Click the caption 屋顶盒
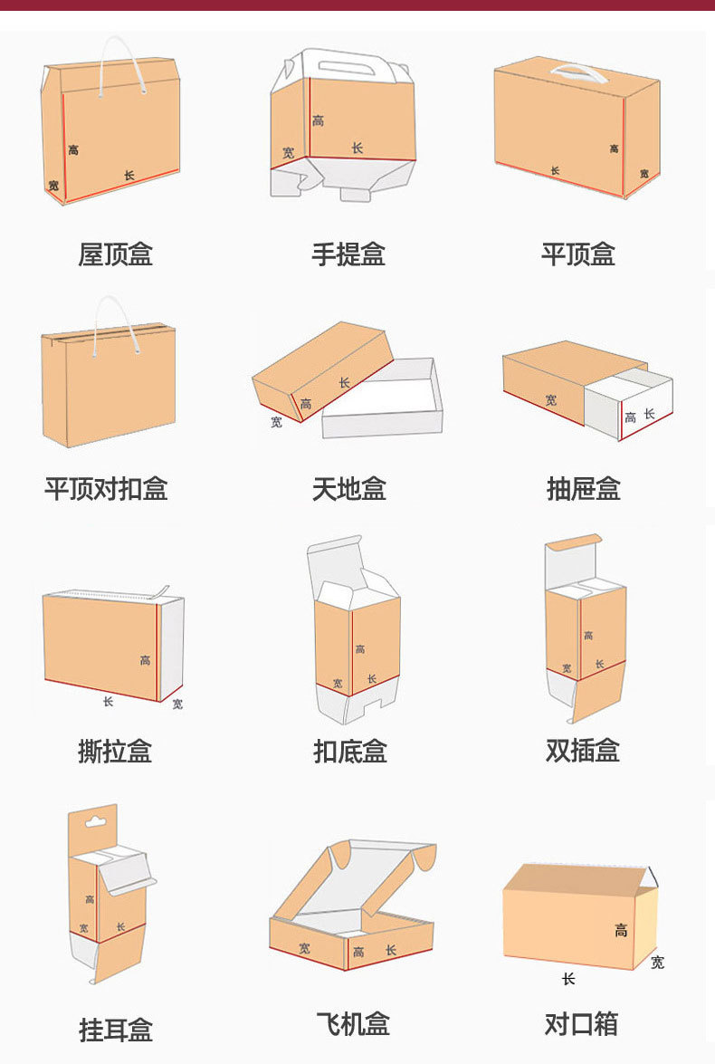pos(115,254)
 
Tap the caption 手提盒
pos(348,254)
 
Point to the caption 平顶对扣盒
pos(106,489)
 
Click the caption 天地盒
pos(348,489)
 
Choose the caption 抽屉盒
pos(583,489)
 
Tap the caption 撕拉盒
pos(115,751)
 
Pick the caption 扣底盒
pos(349,751)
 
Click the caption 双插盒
pos(582,751)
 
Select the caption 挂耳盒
pos(116,1030)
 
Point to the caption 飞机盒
pos(353,1024)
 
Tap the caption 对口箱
pos(581,1024)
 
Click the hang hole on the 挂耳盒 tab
pos(92,823)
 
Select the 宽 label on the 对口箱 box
pos(657,962)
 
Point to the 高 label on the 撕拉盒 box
pos(145,660)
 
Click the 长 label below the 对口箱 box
pos(568,979)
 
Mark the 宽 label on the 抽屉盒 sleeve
pos(551,398)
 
